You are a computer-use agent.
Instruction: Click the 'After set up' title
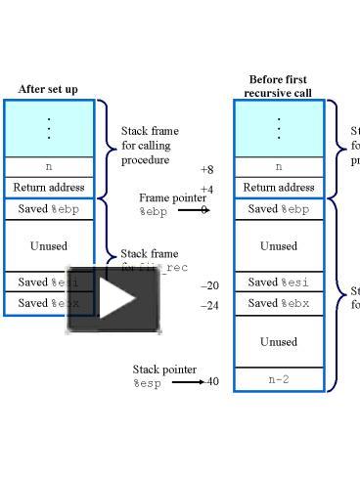pos(49,89)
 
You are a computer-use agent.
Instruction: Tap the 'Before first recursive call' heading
pos(278,86)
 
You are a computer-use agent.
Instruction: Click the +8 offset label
pos(206,169)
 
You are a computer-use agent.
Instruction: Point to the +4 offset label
pos(206,190)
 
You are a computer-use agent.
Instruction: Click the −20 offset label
pos(209,285)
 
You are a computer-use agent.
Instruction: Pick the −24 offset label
pos(209,305)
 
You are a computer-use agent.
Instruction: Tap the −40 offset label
pos(211,381)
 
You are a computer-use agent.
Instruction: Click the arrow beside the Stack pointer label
pos(187,381)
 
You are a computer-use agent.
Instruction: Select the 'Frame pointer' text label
pos(172,197)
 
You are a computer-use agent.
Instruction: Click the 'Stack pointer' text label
pos(164,370)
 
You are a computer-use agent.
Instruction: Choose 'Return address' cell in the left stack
pos(49,187)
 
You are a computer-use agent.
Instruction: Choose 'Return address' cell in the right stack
pos(278,187)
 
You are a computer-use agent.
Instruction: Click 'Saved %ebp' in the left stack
pos(49,208)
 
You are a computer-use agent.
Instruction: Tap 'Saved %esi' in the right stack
pos(278,283)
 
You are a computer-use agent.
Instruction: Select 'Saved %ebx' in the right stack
pos(278,303)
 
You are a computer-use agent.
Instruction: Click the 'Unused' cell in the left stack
pos(49,245)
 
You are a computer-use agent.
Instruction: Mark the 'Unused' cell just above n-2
pos(278,342)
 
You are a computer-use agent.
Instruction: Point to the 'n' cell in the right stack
pos(278,167)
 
